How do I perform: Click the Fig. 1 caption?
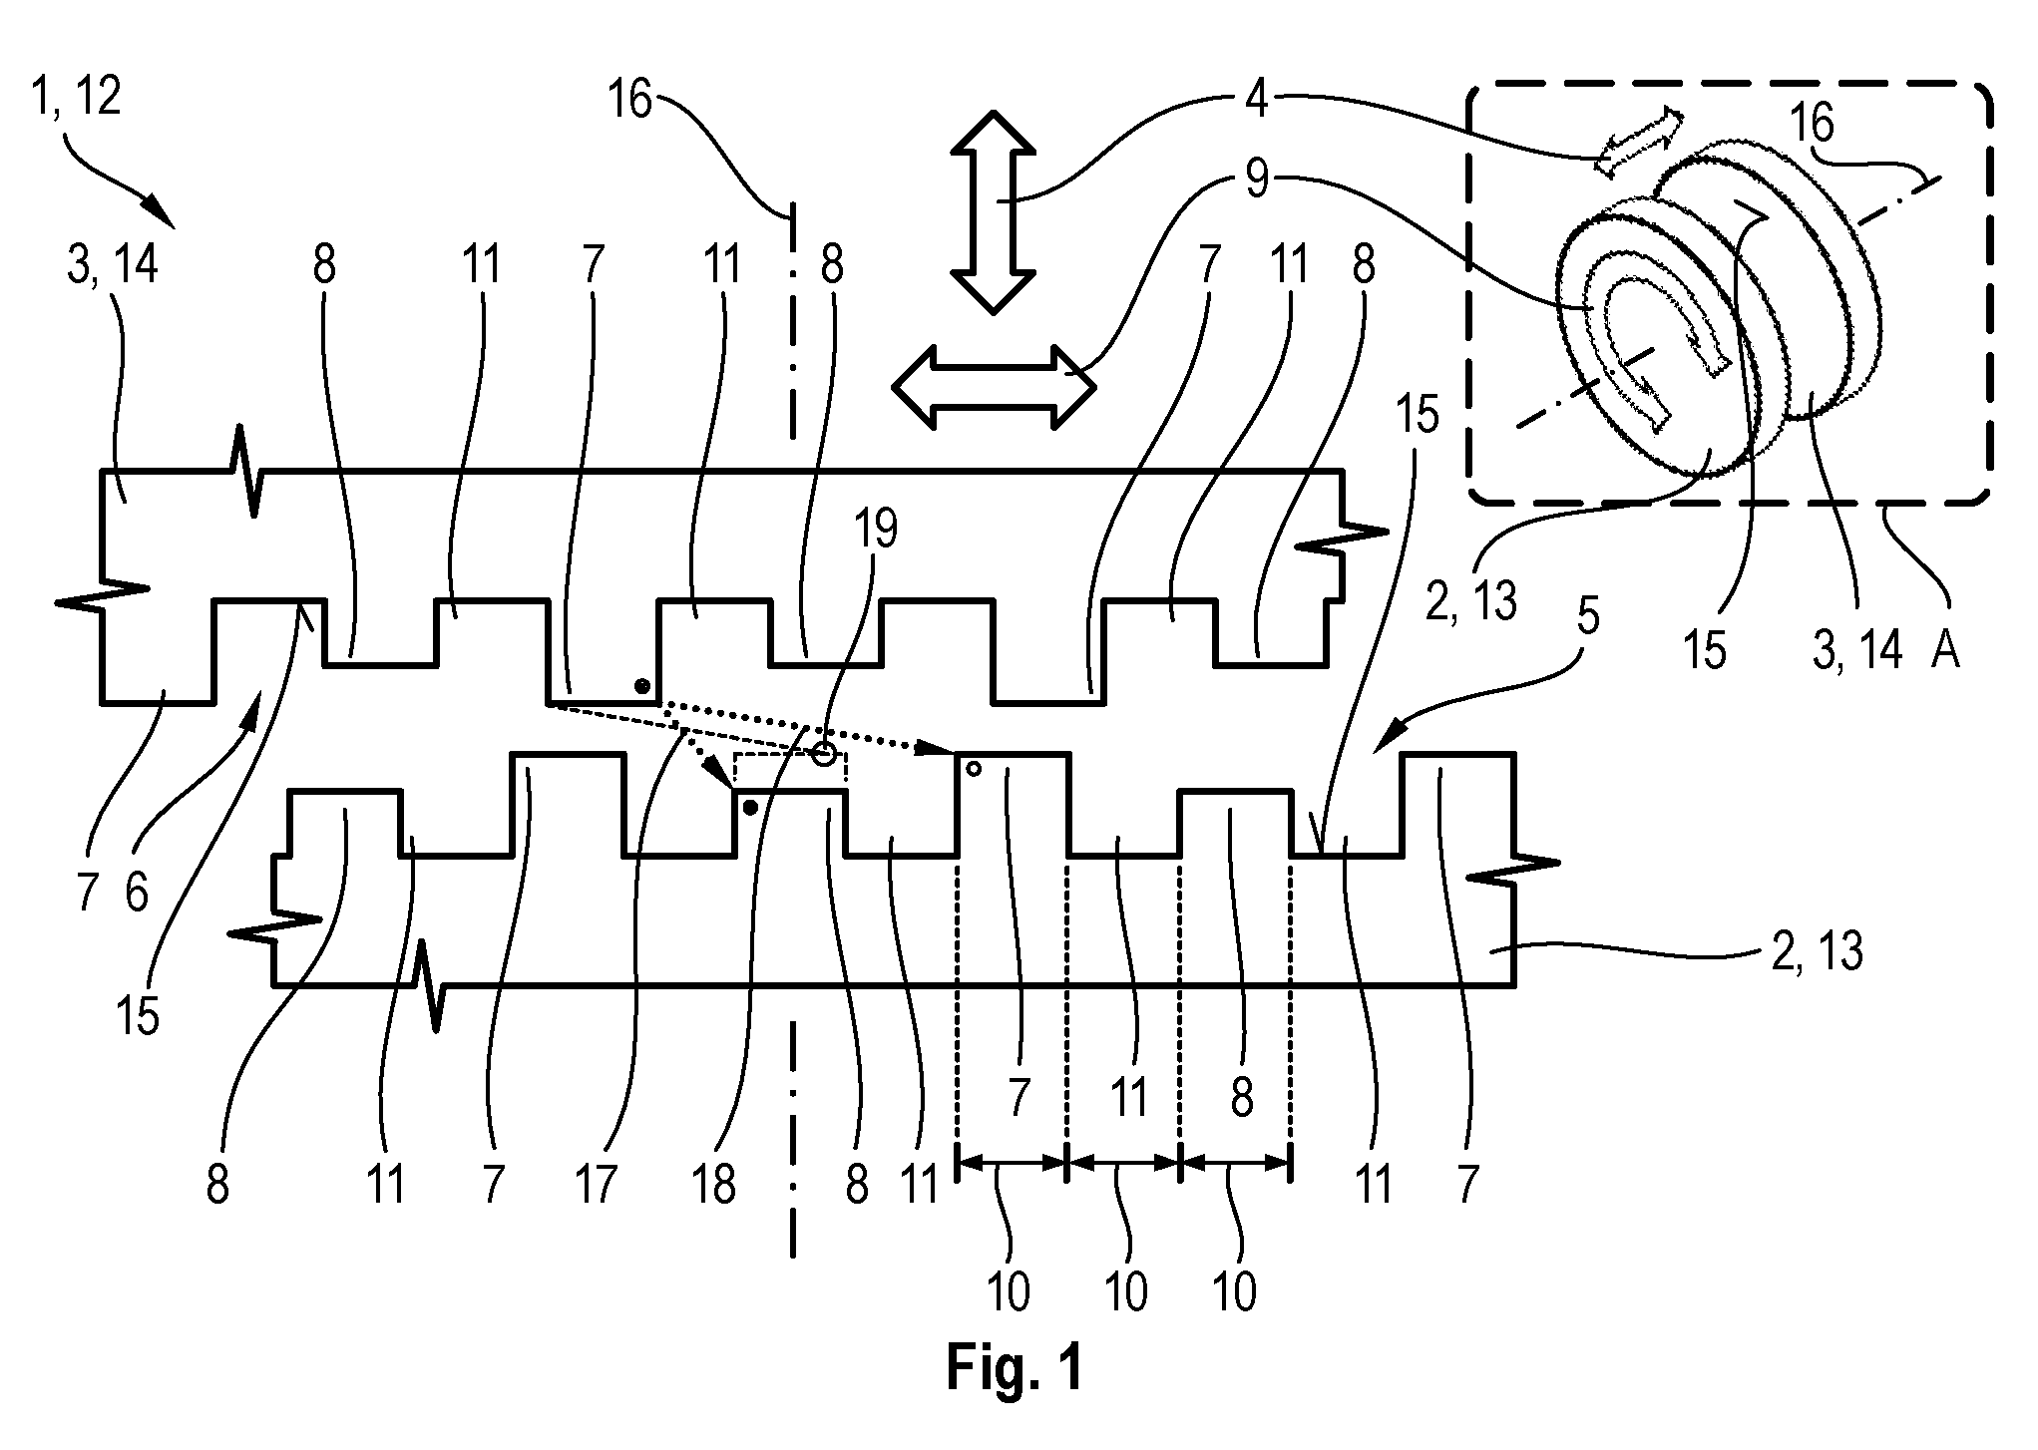coord(1014,1367)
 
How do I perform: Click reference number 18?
coord(715,1186)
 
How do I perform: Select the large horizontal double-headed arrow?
coord(993,386)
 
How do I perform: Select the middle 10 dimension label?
coord(1126,1291)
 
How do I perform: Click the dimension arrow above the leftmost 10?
coord(1012,1163)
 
